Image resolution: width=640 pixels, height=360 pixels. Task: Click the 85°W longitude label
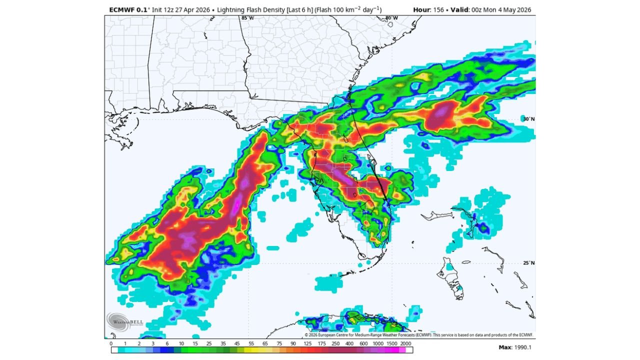point(247,18)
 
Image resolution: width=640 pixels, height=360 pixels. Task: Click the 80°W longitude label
point(391,18)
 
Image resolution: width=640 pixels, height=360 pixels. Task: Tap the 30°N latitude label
point(528,119)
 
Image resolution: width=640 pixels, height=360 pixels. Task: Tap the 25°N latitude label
point(528,263)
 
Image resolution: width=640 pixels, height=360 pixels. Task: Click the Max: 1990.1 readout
point(515,347)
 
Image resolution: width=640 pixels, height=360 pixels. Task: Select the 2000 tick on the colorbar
point(405,343)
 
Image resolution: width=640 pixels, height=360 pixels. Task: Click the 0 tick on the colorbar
point(111,343)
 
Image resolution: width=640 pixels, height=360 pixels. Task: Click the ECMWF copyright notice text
point(419,335)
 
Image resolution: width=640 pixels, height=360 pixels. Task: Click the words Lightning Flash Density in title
point(256,9)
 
